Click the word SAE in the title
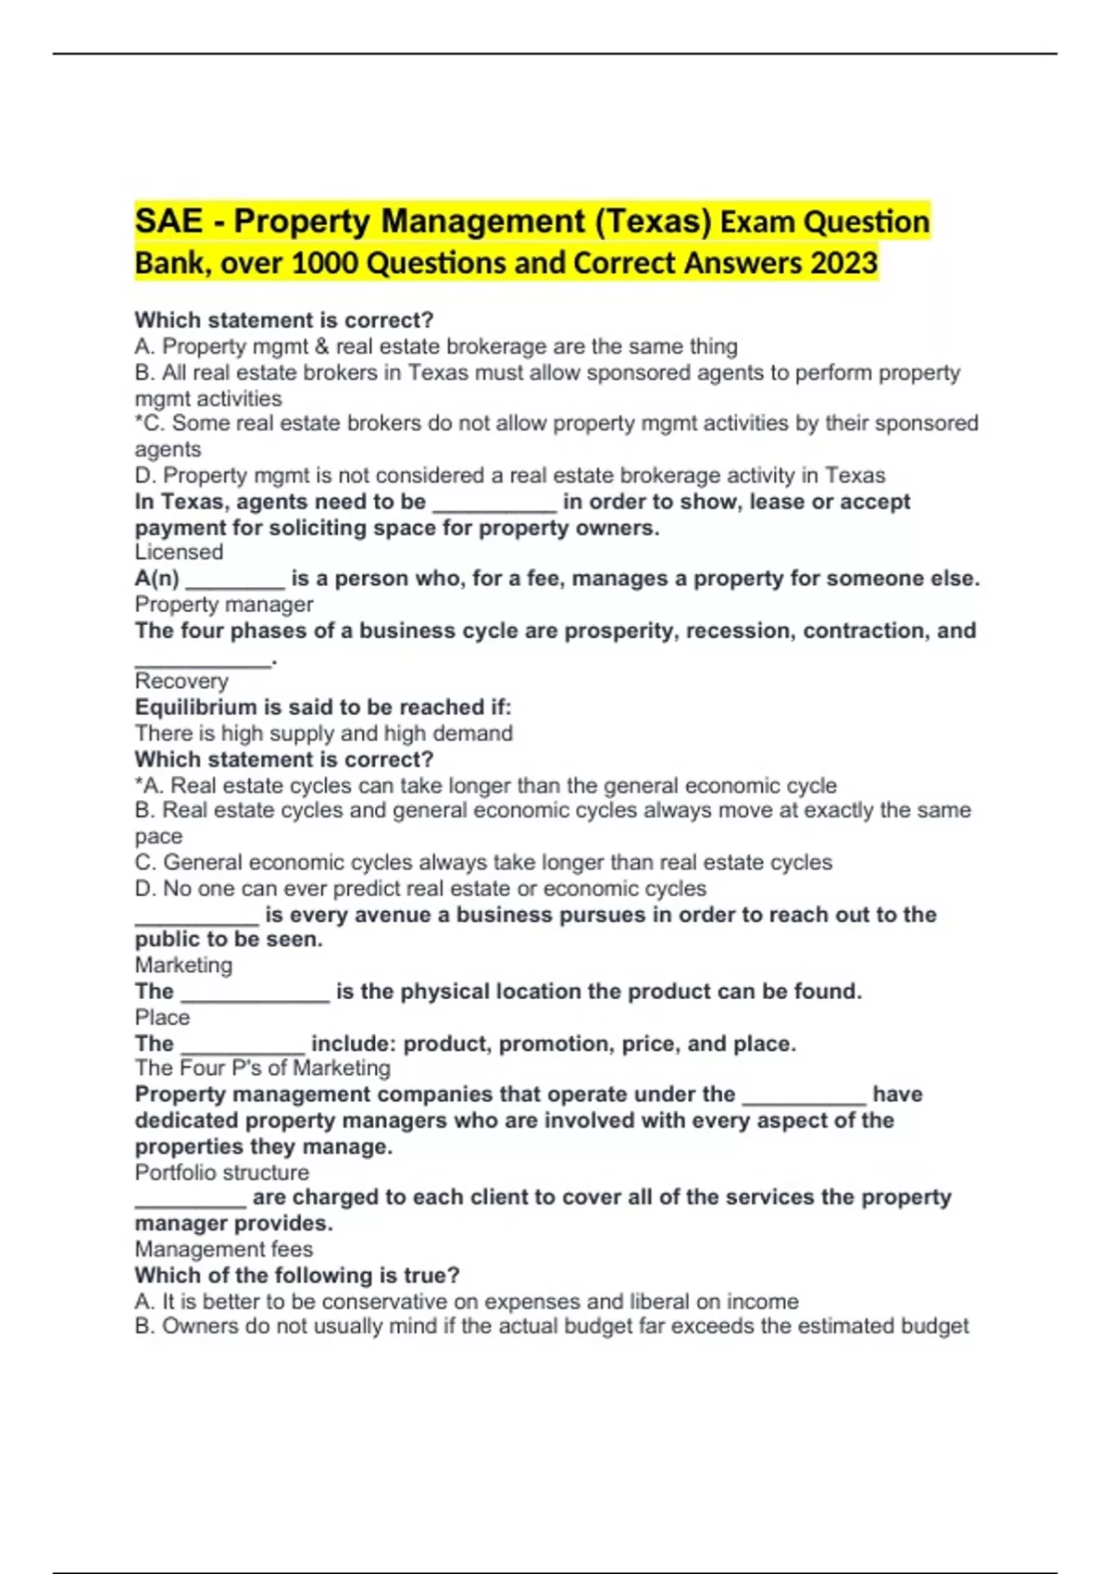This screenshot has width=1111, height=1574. tap(168, 221)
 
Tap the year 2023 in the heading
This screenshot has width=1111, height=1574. tap(843, 263)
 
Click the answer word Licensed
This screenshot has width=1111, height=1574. tap(179, 552)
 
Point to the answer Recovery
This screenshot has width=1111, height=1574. tap(181, 681)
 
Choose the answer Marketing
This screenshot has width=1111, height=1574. tap(183, 965)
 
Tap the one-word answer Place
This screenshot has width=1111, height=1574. tap(162, 1017)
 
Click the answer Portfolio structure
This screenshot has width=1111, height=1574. tap(222, 1172)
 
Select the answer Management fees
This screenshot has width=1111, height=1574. tap(224, 1249)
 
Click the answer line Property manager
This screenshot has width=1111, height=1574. tap(224, 604)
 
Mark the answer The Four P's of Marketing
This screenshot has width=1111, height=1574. tap(263, 1068)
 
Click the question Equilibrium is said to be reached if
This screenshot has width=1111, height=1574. tap(323, 707)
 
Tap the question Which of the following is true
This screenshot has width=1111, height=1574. tap(297, 1275)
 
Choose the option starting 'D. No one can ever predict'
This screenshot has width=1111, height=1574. tap(420, 889)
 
